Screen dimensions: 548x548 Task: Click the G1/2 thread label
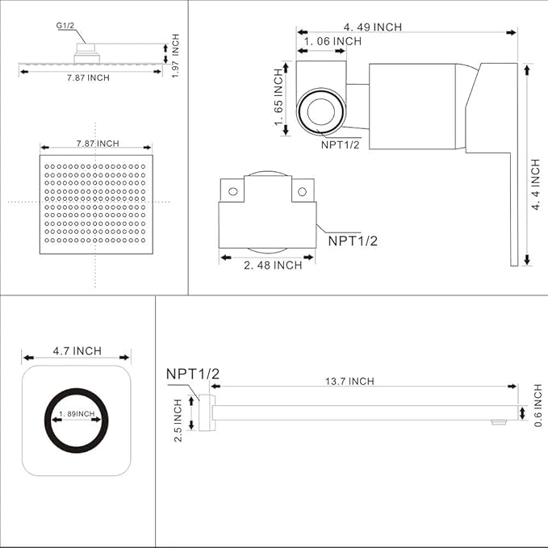(65, 26)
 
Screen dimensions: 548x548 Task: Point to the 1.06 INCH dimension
(333, 41)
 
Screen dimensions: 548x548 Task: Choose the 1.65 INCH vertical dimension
(279, 97)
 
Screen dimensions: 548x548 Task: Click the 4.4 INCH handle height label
(536, 185)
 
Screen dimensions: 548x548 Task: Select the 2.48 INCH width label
(273, 264)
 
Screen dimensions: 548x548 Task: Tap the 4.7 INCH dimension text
(77, 350)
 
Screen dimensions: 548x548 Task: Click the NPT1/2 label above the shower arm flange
(193, 374)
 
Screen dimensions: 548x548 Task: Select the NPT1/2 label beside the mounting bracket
(353, 239)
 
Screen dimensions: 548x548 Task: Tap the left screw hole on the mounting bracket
(232, 192)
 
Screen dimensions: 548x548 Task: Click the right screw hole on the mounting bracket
(302, 192)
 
